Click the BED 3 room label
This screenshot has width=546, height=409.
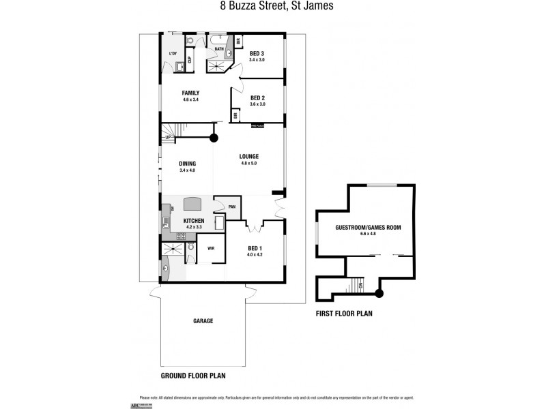pos(257,53)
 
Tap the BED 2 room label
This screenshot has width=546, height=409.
pos(257,97)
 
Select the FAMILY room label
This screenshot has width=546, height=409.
pos(190,93)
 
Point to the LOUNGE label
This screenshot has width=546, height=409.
pos(248,156)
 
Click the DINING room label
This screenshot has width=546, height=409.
pos(187,164)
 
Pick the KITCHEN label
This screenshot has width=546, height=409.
pos(194,222)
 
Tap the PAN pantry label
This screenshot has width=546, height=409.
pos(232,207)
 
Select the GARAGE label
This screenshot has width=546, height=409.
pos(203,320)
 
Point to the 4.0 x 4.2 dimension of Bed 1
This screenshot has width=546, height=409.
pos(254,254)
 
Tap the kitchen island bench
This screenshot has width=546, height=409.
pos(194,203)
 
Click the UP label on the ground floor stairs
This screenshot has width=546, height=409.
pos(168,138)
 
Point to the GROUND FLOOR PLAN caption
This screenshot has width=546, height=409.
pos(193,376)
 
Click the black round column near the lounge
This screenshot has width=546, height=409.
pos(214,137)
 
